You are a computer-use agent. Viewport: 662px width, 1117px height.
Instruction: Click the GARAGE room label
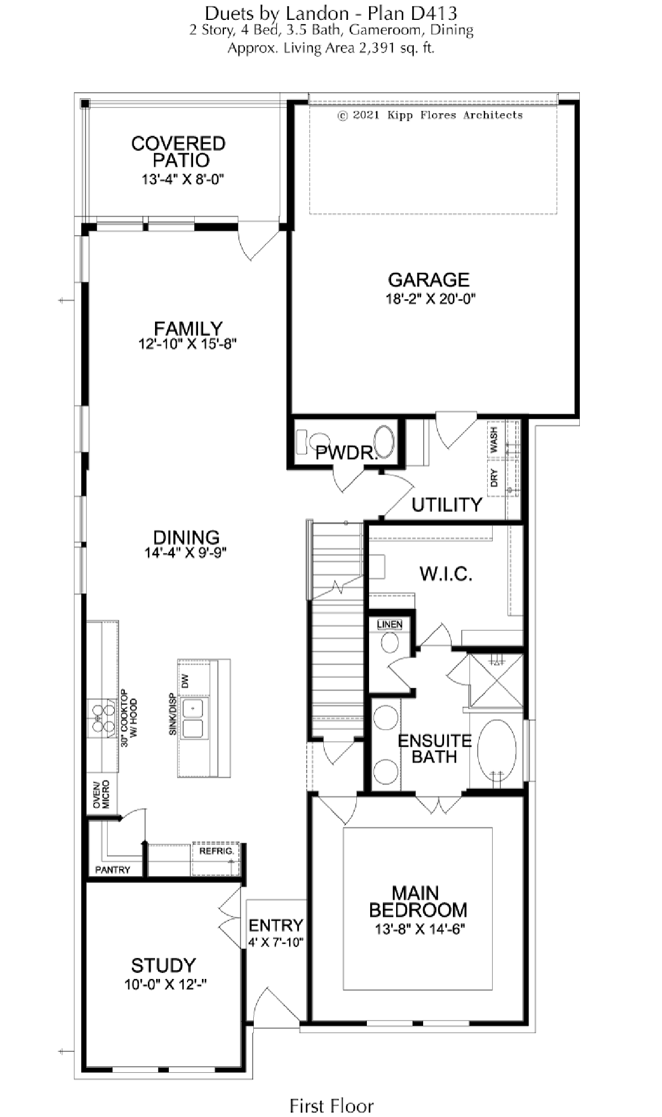coord(429,280)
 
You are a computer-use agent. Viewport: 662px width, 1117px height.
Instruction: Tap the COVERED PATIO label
coord(179,152)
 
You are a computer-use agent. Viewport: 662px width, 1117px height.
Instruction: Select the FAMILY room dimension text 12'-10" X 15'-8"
coord(188,344)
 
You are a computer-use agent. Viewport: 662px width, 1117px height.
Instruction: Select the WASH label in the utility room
coord(494,440)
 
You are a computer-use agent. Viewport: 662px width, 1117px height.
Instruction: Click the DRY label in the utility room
coord(494,478)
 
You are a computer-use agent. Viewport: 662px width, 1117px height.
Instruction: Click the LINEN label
coord(389,624)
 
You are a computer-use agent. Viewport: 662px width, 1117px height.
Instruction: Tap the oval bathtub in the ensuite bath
coord(496,749)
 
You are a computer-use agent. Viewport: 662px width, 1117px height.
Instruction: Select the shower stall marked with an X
coord(495,680)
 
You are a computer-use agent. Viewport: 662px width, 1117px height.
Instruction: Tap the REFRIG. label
coord(216,851)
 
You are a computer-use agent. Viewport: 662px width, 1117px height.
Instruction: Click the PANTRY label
coord(113,870)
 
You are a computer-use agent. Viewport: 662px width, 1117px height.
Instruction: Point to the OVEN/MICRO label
coord(101,795)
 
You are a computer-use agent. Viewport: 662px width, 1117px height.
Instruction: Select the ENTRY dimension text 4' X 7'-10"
coord(276,942)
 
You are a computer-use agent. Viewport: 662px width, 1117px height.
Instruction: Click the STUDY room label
coord(163,965)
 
